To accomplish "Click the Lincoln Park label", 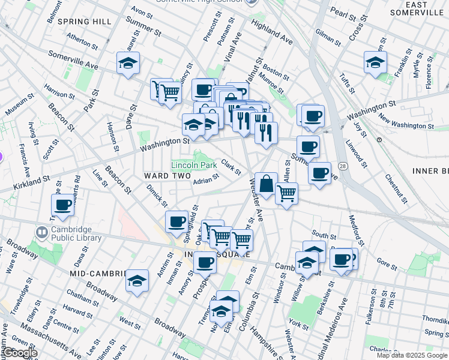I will coord(193,164).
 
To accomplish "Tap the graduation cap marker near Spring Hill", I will coord(128,64).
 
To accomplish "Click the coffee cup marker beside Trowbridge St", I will coord(63,206).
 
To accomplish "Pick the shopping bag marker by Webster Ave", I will coord(266,184).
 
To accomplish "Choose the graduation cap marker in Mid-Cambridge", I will coord(137,280).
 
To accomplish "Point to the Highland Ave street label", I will coord(271,32).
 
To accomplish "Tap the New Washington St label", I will coord(406,125).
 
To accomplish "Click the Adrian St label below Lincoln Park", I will coord(206,181).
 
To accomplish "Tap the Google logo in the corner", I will coord(19,353).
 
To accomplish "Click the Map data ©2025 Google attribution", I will coord(412,355).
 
